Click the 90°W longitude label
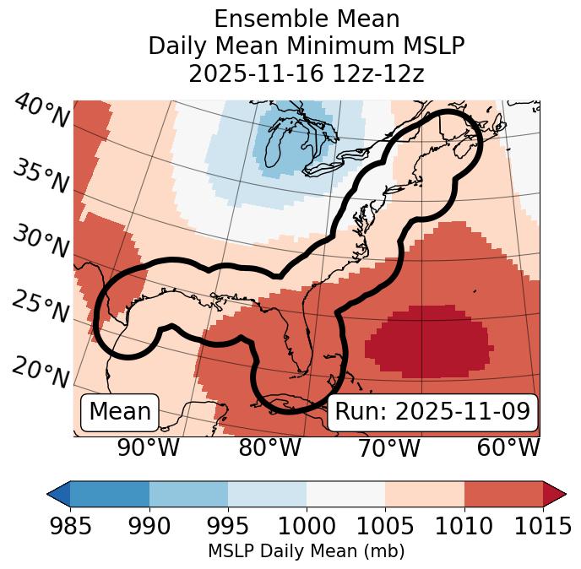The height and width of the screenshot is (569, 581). [149, 447]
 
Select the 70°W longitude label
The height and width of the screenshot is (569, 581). [388, 447]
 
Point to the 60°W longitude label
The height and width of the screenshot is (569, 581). [508, 447]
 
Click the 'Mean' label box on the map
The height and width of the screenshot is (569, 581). [120, 412]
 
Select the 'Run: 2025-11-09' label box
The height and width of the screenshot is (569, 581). [432, 412]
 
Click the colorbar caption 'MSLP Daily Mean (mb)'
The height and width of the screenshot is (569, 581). [306, 551]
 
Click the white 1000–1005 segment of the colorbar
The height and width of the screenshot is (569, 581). [345, 494]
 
